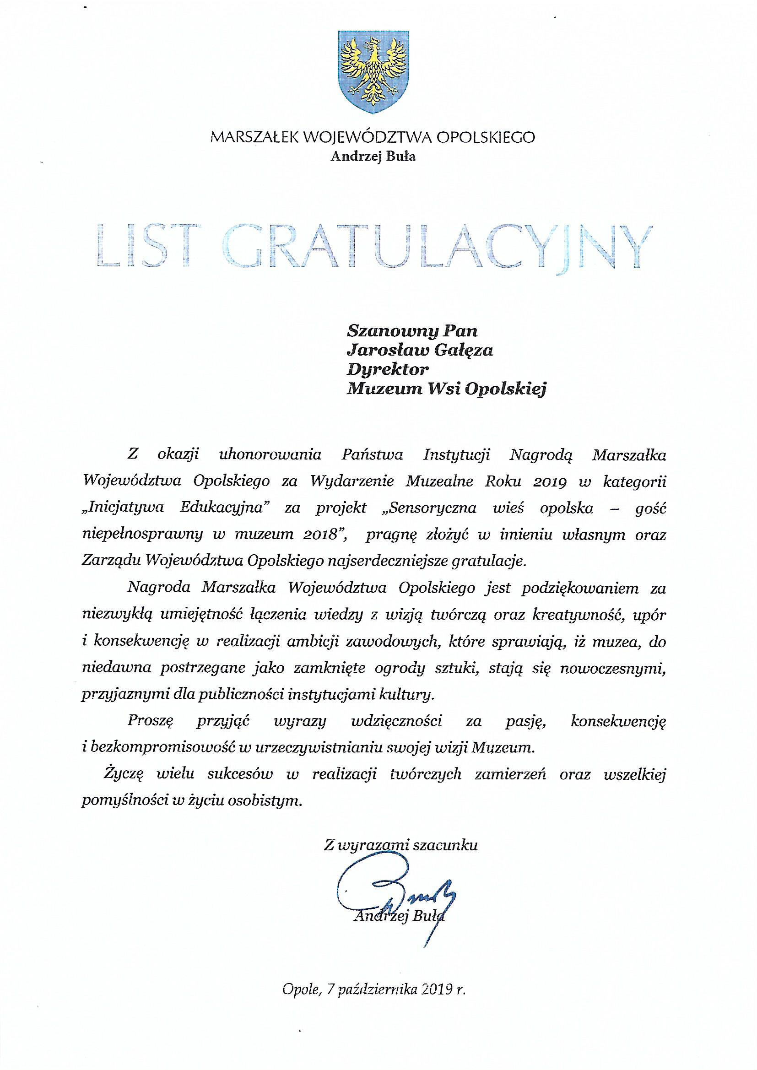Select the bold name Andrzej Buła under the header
click(x=373, y=157)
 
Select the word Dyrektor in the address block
click(x=387, y=370)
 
